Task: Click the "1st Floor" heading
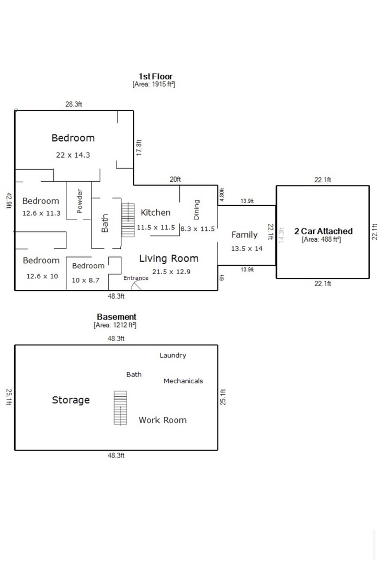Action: [155, 76]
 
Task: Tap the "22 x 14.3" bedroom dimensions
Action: [73, 155]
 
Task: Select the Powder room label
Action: [80, 200]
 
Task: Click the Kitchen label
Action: [155, 213]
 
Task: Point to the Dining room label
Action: [197, 209]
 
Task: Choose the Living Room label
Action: [168, 258]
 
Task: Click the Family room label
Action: [244, 235]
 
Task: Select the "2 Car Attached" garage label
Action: [323, 231]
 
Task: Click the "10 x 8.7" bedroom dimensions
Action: [85, 280]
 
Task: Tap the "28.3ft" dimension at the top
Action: [74, 104]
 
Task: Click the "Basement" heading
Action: [117, 316]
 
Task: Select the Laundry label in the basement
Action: [173, 356]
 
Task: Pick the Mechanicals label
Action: [183, 381]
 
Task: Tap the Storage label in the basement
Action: [71, 400]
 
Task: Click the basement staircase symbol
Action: [120, 408]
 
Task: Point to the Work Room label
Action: [162, 420]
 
